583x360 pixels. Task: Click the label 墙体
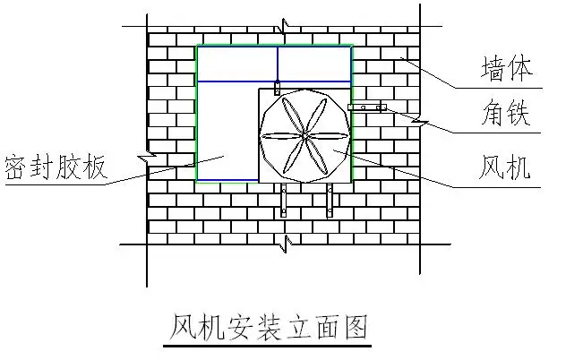pos(507,68)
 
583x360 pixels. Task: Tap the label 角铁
pos(506,112)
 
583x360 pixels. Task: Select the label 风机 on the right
pos(504,167)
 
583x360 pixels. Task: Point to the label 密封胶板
pos(56,167)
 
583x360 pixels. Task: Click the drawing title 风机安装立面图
pos(269,327)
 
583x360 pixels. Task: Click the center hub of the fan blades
pos(304,136)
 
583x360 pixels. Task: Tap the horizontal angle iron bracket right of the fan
pos(367,107)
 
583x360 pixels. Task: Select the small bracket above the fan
pos(277,88)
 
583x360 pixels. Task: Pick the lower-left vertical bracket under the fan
pos(284,200)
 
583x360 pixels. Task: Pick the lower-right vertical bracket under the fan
pos(330,200)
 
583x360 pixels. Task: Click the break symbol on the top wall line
pos(285,26)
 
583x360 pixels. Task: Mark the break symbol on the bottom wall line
pos(286,244)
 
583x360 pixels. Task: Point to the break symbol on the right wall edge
pos(420,122)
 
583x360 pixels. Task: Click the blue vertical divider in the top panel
pos(278,64)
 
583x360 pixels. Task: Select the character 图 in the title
pos(356,327)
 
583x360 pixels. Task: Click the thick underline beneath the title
pos(268,346)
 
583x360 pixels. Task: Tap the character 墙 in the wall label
pos(493,68)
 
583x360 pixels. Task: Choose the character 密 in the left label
pos(15,167)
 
